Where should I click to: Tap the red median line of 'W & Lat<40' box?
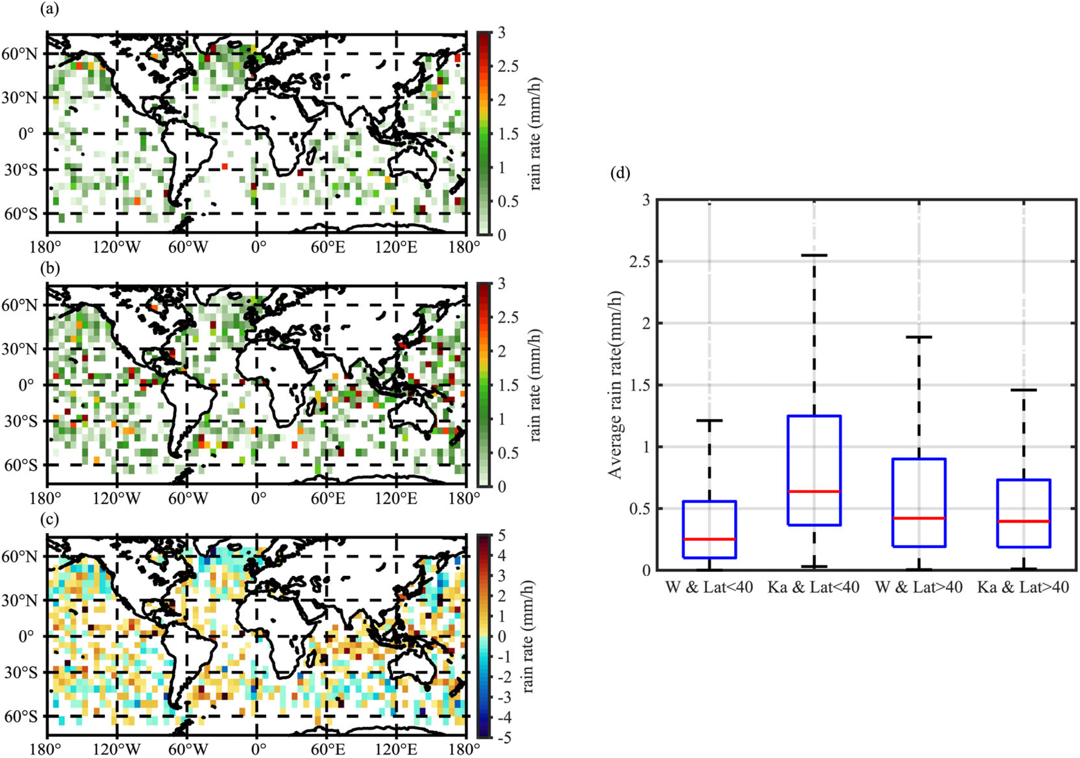pyautogui.click(x=709, y=539)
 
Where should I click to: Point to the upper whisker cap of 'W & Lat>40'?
pyautogui.click(x=919, y=337)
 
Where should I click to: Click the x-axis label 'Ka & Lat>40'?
pyautogui.click(x=1023, y=587)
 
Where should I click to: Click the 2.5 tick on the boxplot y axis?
pyautogui.click(x=639, y=261)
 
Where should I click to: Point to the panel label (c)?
pyautogui.click(x=50, y=519)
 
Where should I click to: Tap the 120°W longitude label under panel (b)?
pyautogui.click(x=116, y=498)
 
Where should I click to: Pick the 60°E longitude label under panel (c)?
pyautogui.click(x=328, y=749)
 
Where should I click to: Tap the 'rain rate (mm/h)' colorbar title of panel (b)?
pyautogui.click(x=536, y=385)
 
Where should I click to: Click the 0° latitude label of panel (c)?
pyautogui.click(x=26, y=637)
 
